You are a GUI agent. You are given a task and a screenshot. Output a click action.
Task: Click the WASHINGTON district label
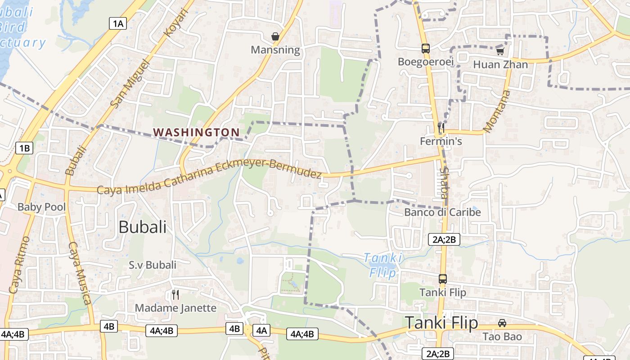(x=196, y=132)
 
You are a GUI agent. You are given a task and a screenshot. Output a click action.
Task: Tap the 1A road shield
(x=117, y=24)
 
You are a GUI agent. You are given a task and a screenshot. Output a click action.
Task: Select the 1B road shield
(x=24, y=148)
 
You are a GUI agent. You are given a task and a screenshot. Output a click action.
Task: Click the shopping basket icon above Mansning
(x=275, y=36)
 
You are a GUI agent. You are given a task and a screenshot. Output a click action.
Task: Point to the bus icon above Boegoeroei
(x=426, y=49)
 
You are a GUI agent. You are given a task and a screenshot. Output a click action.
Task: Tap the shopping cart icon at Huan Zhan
(x=500, y=51)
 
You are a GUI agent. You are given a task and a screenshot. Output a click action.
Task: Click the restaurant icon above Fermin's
(x=441, y=128)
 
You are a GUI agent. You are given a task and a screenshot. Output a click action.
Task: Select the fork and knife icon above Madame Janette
(x=175, y=295)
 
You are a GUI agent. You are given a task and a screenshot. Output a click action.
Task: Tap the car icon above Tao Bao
(x=502, y=323)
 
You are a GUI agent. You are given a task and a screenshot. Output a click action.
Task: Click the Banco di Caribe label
(x=442, y=212)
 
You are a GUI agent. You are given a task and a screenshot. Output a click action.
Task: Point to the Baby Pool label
(x=41, y=207)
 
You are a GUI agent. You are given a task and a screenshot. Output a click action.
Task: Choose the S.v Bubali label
(x=153, y=265)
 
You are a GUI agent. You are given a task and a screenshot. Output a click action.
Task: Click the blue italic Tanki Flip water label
(x=383, y=265)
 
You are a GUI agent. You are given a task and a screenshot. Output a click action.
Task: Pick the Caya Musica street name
(x=80, y=273)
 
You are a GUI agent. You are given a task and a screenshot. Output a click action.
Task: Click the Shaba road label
(x=444, y=184)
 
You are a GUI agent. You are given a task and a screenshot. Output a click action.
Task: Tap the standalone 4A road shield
(x=261, y=330)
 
